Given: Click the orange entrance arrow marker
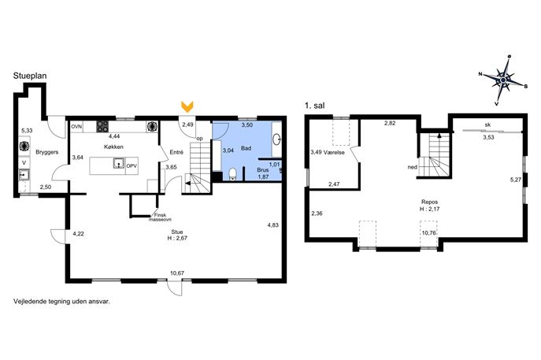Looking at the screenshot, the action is pyautogui.click(x=187, y=106).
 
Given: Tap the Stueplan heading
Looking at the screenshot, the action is pyautogui.click(x=30, y=76).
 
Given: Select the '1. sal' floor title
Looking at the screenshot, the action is pyautogui.click(x=315, y=106).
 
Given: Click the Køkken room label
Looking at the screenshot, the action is pyautogui.click(x=113, y=147).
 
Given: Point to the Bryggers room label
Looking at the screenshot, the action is pyautogui.click(x=47, y=152).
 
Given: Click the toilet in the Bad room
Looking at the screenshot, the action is pyautogui.click(x=233, y=174).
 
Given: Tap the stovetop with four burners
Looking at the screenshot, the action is pyautogui.click(x=102, y=126).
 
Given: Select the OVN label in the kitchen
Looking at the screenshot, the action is pyautogui.click(x=76, y=127).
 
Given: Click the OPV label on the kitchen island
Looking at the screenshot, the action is pyautogui.click(x=132, y=166).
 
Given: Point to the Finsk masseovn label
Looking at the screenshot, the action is pyautogui.click(x=160, y=217).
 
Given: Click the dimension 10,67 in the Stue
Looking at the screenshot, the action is pyautogui.click(x=177, y=273).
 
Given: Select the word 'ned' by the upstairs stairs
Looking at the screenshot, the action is pyautogui.click(x=413, y=167).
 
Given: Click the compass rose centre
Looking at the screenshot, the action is pyautogui.click(x=503, y=80).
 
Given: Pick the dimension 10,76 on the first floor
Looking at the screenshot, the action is pyautogui.click(x=429, y=233).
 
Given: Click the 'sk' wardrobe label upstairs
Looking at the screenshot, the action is pyautogui.click(x=487, y=125).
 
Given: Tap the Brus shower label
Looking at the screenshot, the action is pyautogui.click(x=263, y=170).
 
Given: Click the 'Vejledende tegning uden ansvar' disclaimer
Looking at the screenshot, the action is pyautogui.click(x=61, y=302).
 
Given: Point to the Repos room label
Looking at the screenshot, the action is pyautogui.click(x=429, y=202).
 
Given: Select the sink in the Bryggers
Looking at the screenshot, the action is pyautogui.click(x=24, y=176).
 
